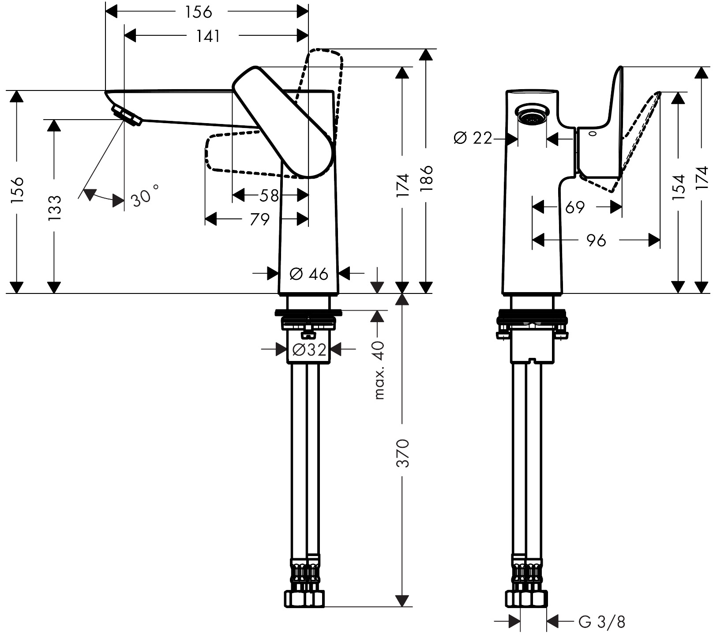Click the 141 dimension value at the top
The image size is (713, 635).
[208, 36]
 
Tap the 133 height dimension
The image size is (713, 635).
[54, 207]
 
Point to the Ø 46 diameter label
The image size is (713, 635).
[309, 274]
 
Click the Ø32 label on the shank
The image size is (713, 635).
[309, 350]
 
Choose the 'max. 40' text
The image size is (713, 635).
[379, 370]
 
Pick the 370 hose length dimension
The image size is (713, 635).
[402, 453]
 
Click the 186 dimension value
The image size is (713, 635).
[426, 178]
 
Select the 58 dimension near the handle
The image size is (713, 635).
[269, 195]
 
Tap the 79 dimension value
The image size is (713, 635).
[259, 219]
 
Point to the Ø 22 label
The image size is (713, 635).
[472, 139]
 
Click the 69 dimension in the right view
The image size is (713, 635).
[574, 207]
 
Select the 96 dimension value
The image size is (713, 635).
[596, 240]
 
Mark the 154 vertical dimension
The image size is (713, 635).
[678, 187]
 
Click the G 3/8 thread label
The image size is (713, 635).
[602, 622]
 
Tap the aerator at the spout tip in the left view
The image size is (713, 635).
[126, 116]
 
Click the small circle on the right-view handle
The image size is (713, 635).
[591, 133]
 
